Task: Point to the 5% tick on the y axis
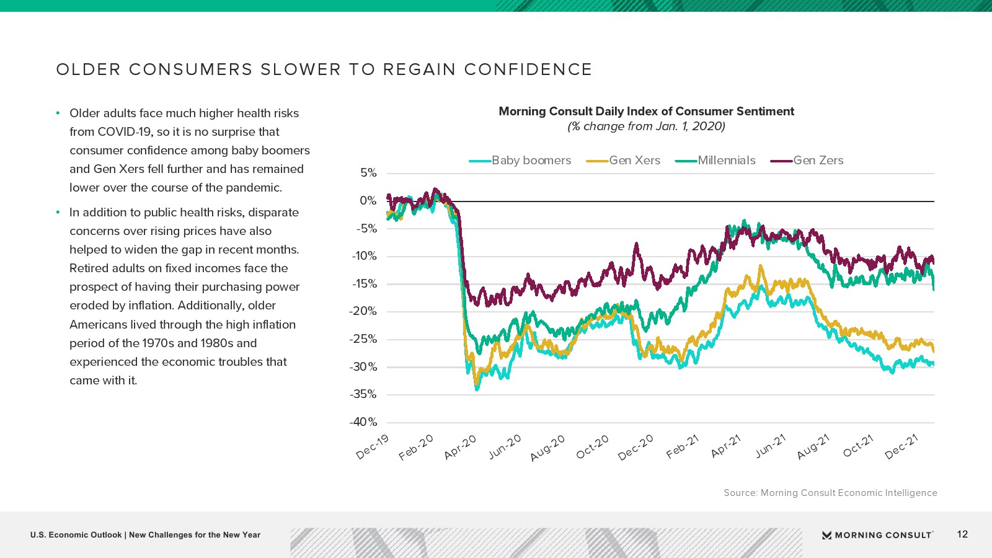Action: tap(368, 173)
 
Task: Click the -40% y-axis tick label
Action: tap(363, 422)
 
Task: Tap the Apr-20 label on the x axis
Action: tap(461, 446)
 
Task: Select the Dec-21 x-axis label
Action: tap(901, 446)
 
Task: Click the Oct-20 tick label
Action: tap(593, 446)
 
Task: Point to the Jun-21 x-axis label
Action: tap(771, 446)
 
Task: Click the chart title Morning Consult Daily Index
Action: tap(646, 112)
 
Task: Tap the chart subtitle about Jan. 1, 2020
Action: tap(646, 126)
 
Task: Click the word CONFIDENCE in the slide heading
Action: tap(528, 69)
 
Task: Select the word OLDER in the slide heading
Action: tap(88, 69)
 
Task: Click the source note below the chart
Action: tap(830, 493)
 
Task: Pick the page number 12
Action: tap(962, 534)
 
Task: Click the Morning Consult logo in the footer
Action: tap(877, 535)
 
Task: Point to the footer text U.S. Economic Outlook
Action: tap(76, 535)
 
